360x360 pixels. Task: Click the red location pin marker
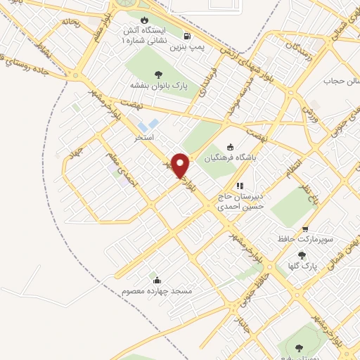[181, 165]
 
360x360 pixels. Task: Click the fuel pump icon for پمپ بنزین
[186, 36]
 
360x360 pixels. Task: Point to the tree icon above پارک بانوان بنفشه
[156, 74]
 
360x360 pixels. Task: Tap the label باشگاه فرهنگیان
[232, 158]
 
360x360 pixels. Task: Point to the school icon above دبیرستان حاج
[240, 186]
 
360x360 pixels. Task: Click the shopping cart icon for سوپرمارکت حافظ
[305, 229]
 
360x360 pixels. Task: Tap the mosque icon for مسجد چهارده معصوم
[155, 280]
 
